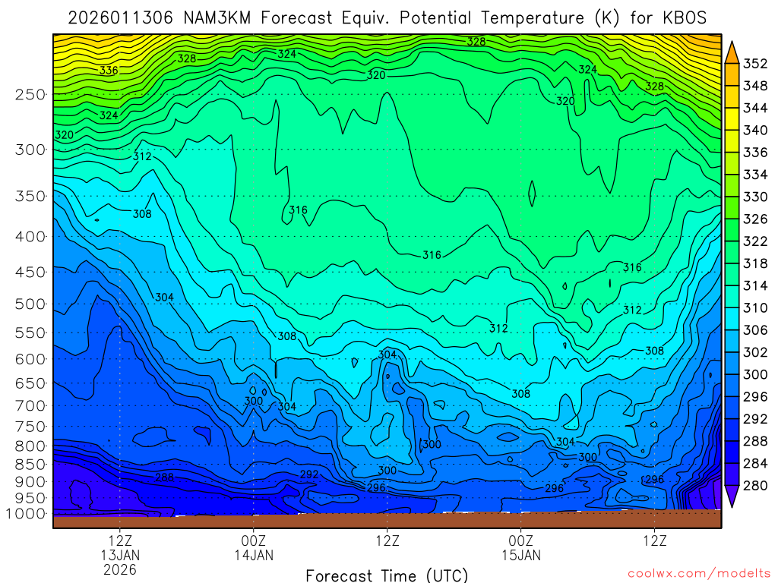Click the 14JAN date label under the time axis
click(253, 555)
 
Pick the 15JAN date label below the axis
click(520, 555)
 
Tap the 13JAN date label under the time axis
click(121, 555)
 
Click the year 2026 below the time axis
click(121, 569)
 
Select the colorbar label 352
click(754, 63)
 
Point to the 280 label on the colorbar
click(754, 485)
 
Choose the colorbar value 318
click(754, 263)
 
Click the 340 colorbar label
click(754, 130)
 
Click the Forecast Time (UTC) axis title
click(387, 575)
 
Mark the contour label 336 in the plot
click(109, 71)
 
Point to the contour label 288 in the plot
click(164, 477)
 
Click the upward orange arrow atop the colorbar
click(732, 51)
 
